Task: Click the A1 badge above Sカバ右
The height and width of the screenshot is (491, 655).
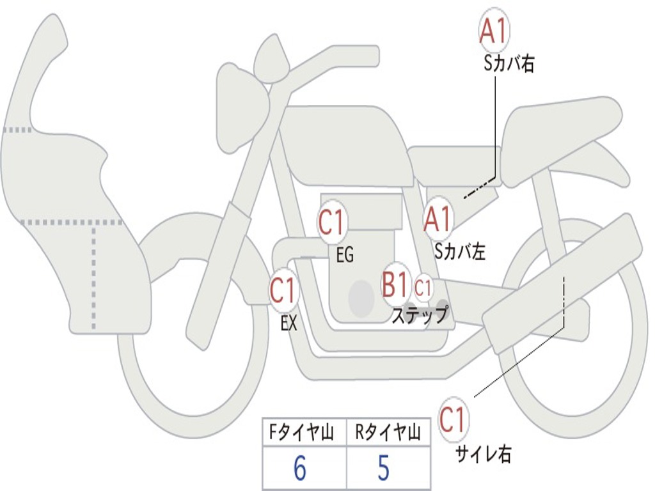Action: pos(494,30)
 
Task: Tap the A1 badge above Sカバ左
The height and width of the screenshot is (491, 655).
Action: pos(438,219)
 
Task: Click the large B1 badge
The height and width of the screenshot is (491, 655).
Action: pos(395,284)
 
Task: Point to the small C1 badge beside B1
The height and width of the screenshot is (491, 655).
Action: pos(423,288)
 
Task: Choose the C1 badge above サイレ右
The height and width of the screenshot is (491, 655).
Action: pos(454,420)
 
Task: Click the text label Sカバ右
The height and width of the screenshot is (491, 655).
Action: pos(509,64)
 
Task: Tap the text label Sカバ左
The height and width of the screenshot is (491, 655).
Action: pos(460,252)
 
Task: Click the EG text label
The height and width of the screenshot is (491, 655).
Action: pos(345,255)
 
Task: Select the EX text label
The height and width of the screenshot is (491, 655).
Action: pos(288,323)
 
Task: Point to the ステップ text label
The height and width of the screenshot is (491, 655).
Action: pos(420,315)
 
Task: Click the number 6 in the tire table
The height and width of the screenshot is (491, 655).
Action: pos(300,469)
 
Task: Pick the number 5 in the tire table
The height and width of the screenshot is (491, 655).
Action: pos(383,469)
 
